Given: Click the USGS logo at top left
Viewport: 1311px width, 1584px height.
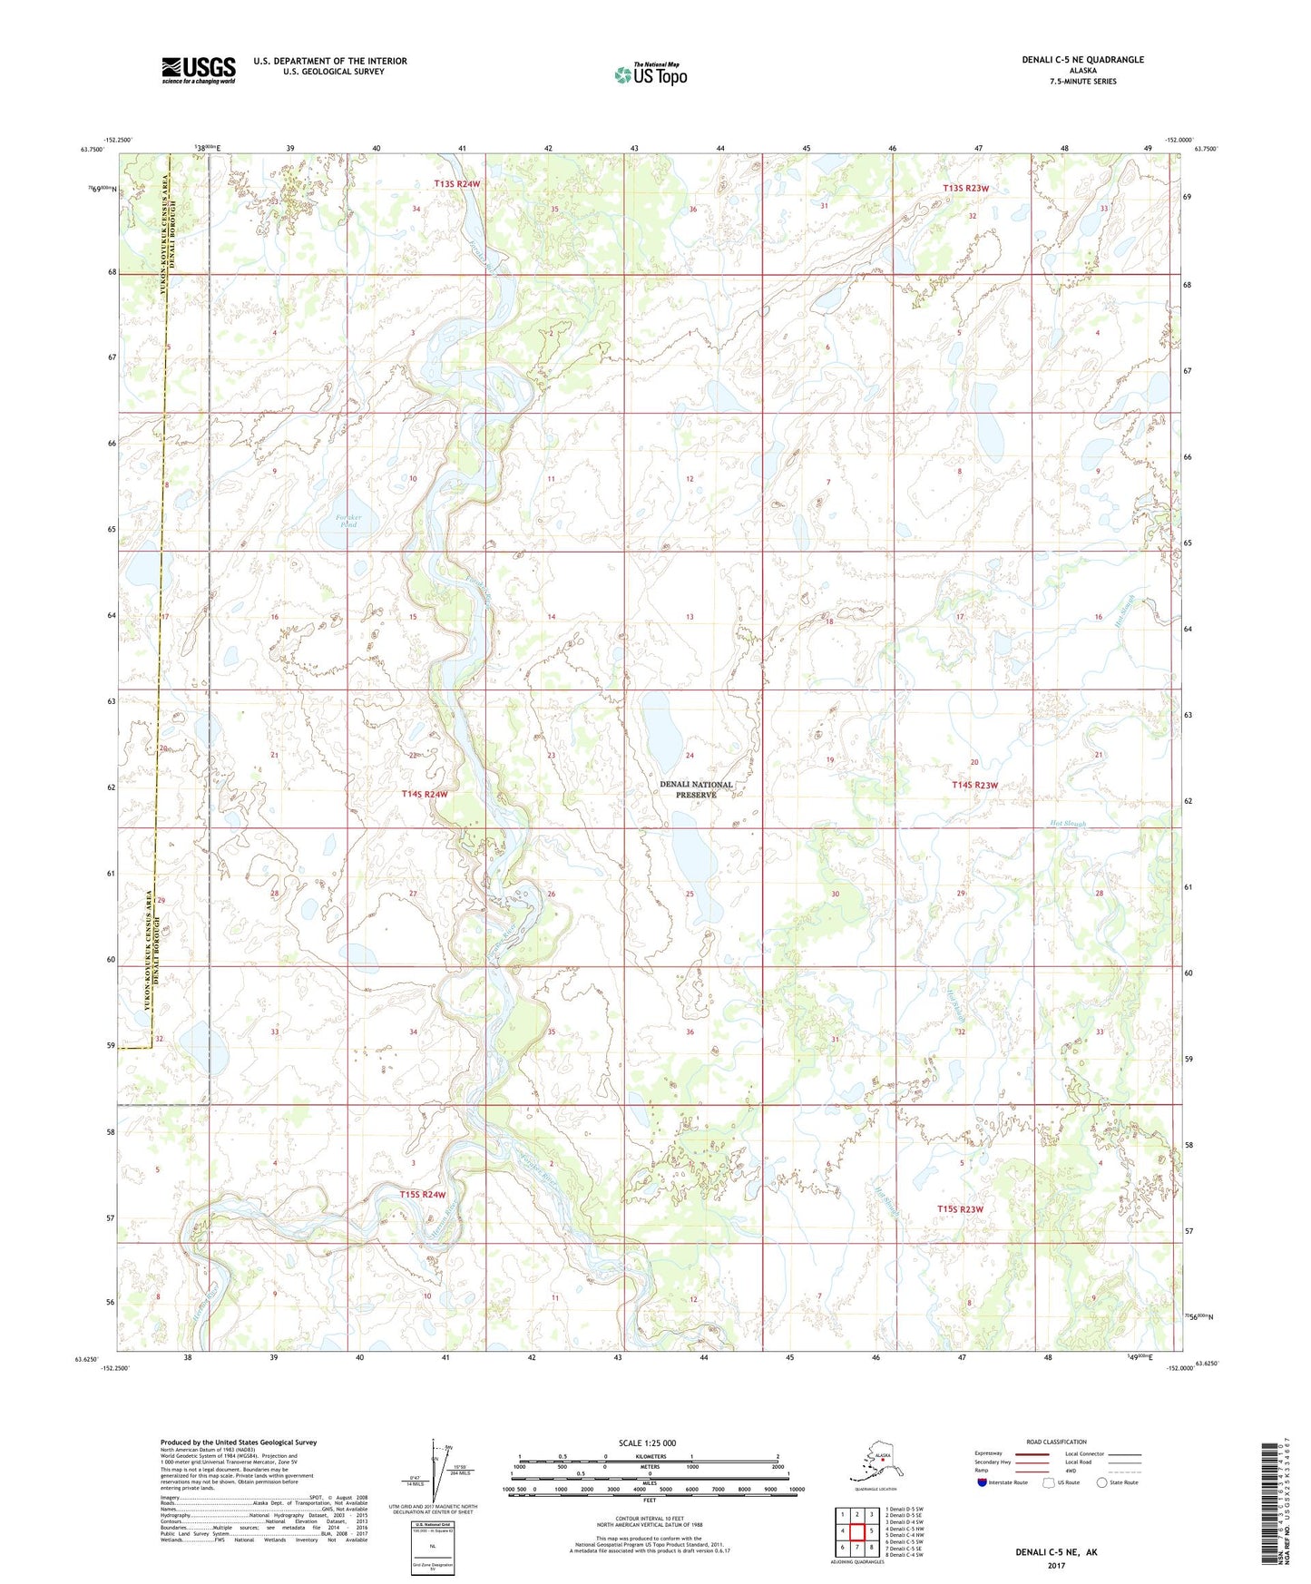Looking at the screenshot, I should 198,70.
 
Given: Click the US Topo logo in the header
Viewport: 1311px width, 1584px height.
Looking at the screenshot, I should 650,74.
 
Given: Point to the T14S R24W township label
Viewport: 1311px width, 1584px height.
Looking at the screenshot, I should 424,794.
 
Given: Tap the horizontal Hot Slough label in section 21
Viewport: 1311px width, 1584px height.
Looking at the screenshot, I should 1062,825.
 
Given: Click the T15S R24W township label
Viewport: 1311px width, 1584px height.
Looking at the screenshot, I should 423,1195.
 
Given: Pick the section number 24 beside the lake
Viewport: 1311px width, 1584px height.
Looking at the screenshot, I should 690,756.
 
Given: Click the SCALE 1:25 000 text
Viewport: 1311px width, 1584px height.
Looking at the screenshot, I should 648,1442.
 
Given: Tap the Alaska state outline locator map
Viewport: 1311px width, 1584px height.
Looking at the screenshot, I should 876,1462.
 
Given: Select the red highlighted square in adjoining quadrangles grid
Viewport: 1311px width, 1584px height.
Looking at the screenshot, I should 857,1530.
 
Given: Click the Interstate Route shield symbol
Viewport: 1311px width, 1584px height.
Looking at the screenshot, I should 983,1482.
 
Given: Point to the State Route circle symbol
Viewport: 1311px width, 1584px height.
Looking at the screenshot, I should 1101,1482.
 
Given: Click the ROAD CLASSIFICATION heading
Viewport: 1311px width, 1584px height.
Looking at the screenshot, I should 1056,1442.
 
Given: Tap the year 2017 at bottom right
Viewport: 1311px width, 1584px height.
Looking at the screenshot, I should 1055,1565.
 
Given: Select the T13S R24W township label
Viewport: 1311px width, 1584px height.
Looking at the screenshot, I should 456,184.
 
